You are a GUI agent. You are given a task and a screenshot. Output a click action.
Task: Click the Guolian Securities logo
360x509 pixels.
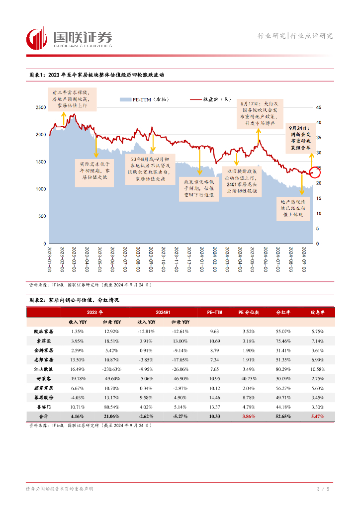coord(69,38)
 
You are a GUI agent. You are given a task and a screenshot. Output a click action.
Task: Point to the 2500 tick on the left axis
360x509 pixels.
coord(40,107)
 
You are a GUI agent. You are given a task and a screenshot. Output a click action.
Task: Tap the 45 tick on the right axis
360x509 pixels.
coord(319,107)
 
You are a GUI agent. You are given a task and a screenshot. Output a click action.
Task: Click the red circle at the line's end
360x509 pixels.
coord(314,172)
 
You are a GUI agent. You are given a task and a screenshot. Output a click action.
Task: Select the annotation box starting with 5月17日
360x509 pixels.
coord(258,112)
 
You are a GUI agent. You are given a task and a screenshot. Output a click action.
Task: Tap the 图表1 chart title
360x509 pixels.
coord(96,75)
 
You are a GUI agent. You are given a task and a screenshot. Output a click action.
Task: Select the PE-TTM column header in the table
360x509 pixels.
coord(214,312)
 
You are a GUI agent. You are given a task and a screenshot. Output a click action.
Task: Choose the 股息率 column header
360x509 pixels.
coord(317,312)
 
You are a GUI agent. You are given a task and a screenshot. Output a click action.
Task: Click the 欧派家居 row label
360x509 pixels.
coord(43,331)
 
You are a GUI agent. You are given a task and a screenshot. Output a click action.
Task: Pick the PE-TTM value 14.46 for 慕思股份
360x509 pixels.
coord(214,398)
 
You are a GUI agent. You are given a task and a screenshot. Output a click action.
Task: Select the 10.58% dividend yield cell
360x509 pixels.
coord(317,369)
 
